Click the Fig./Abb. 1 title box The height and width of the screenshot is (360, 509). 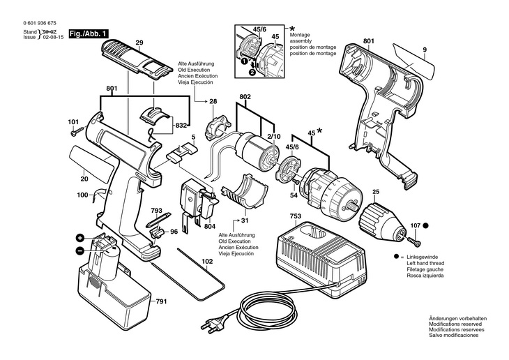coord(89,33)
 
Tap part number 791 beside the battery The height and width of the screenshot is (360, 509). coord(161,301)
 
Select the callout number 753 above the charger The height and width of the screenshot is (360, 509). coord(296,216)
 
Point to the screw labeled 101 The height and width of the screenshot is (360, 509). coord(77,132)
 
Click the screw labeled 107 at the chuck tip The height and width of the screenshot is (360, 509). coord(413,241)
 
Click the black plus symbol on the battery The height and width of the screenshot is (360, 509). coord(80,238)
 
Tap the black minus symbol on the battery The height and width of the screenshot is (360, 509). coord(80,250)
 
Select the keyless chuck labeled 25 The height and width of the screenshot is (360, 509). coord(382,221)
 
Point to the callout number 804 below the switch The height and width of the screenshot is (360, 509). coord(211,227)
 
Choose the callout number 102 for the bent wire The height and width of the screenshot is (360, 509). coord(207,262)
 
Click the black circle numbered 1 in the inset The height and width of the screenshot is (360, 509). coord(243,61)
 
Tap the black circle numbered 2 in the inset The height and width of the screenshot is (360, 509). coord(252,72)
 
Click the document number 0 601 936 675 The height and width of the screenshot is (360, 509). coord(40,23)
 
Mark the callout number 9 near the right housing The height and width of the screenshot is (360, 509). coord(425,50)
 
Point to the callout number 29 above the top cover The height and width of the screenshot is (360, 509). coord(139,43)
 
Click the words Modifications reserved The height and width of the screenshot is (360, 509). coord(455,324)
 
